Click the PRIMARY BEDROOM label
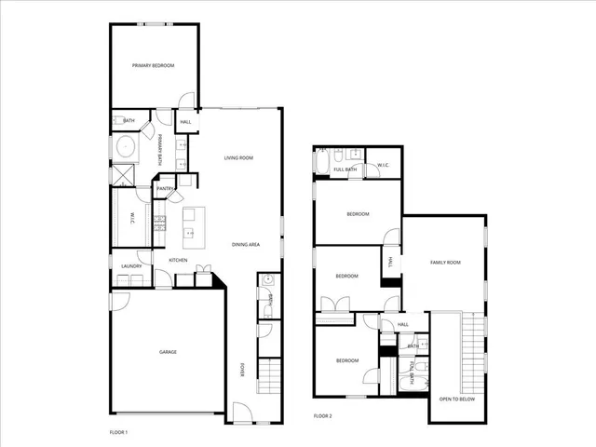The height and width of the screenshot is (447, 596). [x=153, y=65]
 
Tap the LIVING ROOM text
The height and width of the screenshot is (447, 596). [x=238, y=158]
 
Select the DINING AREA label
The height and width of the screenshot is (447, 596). [x=246, y=244]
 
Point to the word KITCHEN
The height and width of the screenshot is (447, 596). [x=178, y=260]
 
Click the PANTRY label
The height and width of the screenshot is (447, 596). [x=165, y=189]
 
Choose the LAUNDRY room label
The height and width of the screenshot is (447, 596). [x=130, y=266]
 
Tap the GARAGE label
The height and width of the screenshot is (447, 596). [x=167, y=352]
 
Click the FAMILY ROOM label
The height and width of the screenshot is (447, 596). [x=445, y=263]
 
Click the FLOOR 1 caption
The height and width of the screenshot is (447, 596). [x=118, y=433]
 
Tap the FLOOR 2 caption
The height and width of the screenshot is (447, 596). [x=322, y=415]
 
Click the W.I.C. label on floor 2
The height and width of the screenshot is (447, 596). [x=383, y=166]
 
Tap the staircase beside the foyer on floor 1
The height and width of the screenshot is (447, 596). [x=268, y=377]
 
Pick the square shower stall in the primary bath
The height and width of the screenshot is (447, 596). [x=122, y=174]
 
